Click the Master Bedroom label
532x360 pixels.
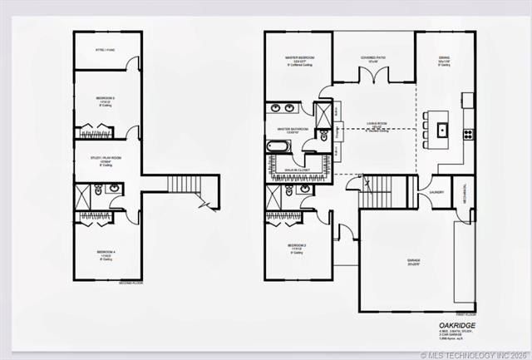point(297,58)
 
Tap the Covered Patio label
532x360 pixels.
point(372,59)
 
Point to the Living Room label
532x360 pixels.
point(377,125)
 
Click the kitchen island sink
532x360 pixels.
point(443,131)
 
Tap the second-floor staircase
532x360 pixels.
point(180,188)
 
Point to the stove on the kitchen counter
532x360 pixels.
point(468,132)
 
